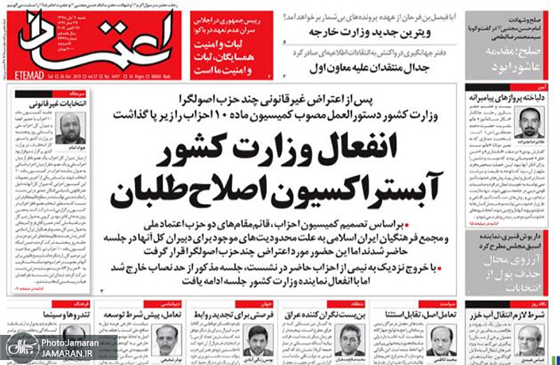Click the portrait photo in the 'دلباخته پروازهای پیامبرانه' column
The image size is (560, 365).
pyautogui.click(x=528, y=123)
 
